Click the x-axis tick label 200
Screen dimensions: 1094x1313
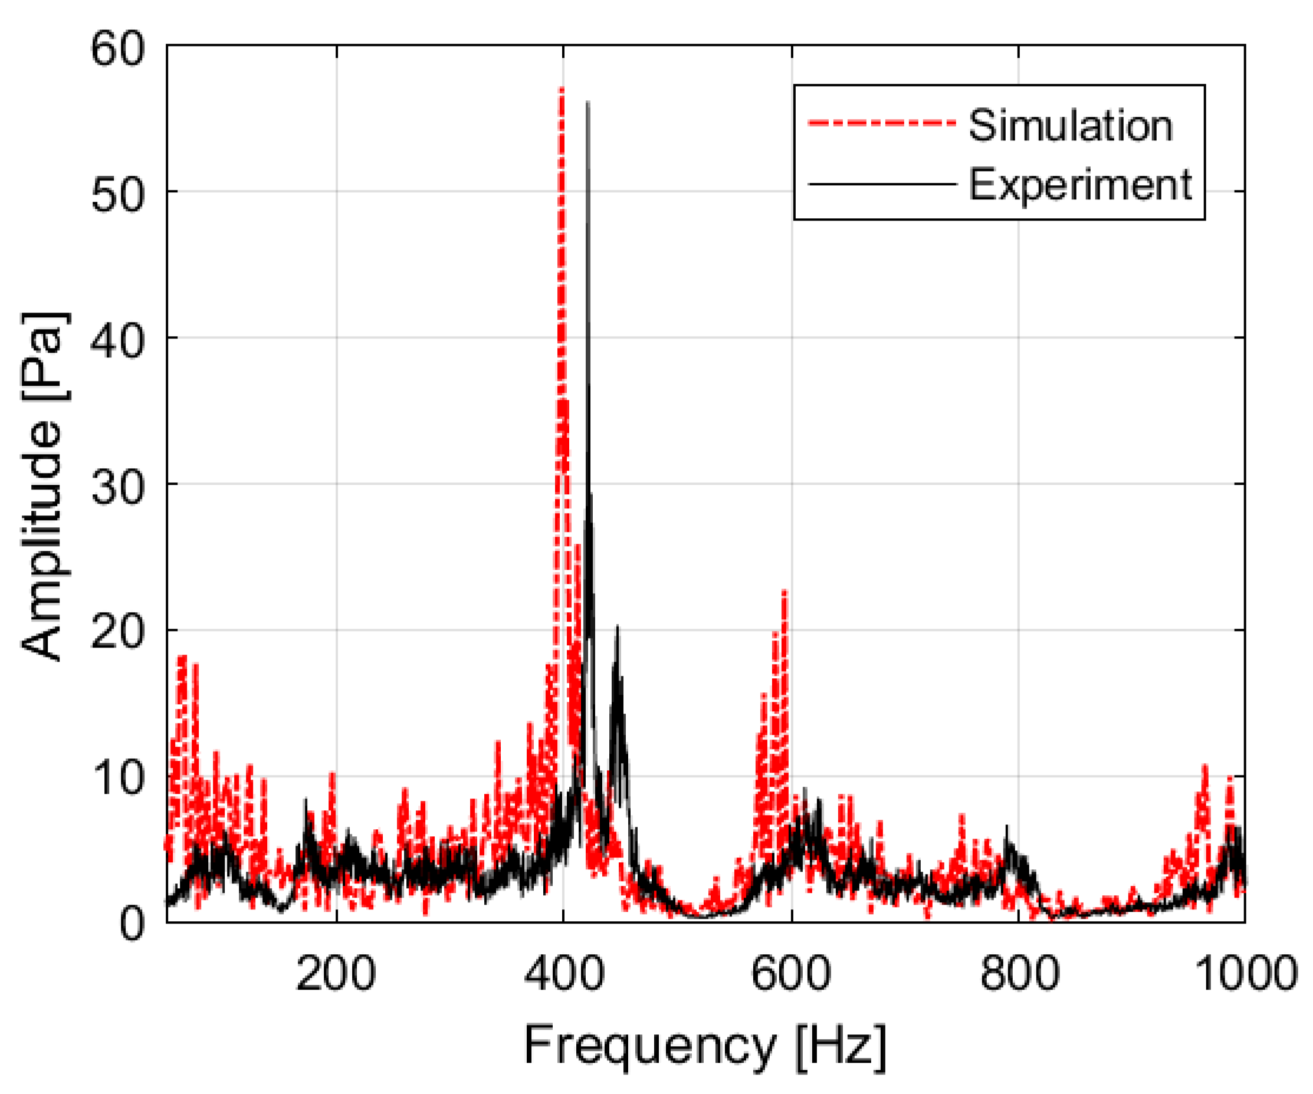tap(336, 974)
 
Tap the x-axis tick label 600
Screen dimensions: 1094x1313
tap(792, 974)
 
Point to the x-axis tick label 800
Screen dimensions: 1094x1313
tap(1019, 974)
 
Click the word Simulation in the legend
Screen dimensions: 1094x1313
tap(1071, 126)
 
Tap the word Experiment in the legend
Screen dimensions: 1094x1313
tap(1081, 185)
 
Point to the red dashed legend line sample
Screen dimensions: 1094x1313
tap(882, 123)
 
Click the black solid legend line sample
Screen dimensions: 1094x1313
tap(882, 185)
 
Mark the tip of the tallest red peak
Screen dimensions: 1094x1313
tap(562, 90)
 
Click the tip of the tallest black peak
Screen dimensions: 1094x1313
tap(587, 102)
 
